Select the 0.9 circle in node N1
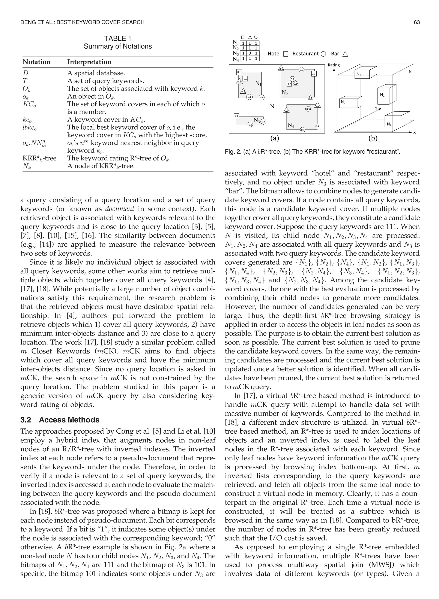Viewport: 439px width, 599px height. click(262, 97)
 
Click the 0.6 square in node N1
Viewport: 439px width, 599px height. click(245, 79)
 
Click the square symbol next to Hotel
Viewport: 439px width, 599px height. click(286, 54)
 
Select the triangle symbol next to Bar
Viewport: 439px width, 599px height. click(345, 54)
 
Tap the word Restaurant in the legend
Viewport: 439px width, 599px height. click(305, 54)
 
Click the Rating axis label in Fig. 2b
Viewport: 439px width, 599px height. click(334, 65)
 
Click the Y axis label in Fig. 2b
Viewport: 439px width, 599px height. click(376, 108)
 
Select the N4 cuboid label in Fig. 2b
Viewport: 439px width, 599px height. click(389, 124)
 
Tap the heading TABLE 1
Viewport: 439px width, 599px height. click(118, 39)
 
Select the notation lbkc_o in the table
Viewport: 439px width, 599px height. click(30, 128)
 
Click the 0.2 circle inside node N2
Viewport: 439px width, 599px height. click(292, 79)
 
